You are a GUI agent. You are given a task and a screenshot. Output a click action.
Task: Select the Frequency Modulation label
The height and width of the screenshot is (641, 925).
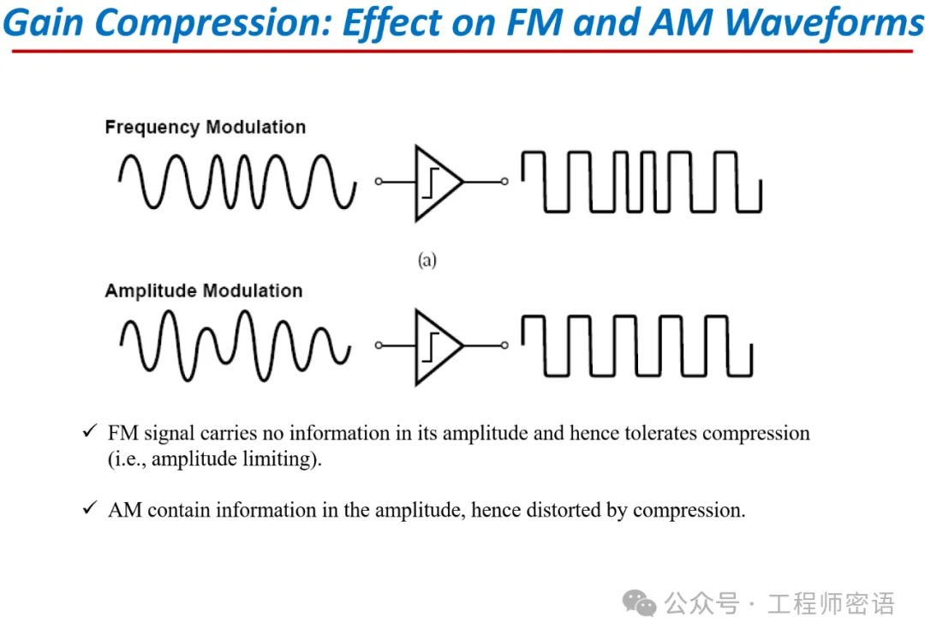point(205,128)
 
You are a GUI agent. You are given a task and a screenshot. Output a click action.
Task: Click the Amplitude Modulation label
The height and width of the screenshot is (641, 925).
point(203,291)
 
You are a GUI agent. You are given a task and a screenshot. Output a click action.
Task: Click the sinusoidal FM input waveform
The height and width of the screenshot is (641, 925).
point(237,182)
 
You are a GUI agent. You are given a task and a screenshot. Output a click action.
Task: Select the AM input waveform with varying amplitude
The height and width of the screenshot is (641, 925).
point(236,345)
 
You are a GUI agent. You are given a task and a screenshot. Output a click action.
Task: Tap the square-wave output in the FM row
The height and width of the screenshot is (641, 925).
point(642,182)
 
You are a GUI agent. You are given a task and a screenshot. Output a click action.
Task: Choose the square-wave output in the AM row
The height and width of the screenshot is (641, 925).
point(637,345)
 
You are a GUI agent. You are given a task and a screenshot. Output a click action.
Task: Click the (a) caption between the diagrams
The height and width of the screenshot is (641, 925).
point(427,260)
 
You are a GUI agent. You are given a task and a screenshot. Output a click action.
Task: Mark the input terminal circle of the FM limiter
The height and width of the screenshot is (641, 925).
point(379,182)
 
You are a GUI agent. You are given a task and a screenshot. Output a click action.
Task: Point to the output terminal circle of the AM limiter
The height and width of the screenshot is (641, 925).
point(504,345)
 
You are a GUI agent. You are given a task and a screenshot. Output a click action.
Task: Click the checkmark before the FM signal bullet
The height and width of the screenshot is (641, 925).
point(89,432)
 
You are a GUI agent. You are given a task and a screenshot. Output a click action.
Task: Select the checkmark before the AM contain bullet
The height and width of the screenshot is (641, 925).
point(89,509)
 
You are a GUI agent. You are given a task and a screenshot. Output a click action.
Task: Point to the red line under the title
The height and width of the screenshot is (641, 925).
point(462,51)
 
